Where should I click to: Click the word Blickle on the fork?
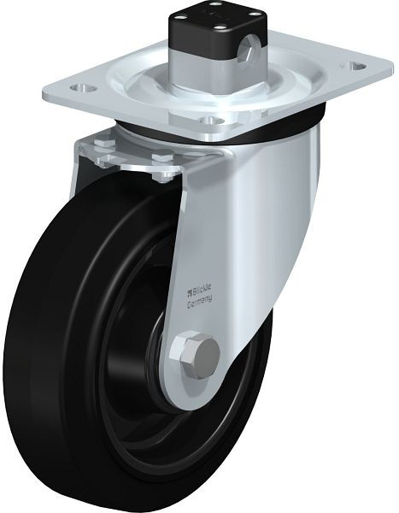click(202, 290)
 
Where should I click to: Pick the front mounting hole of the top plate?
click(212, 121)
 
